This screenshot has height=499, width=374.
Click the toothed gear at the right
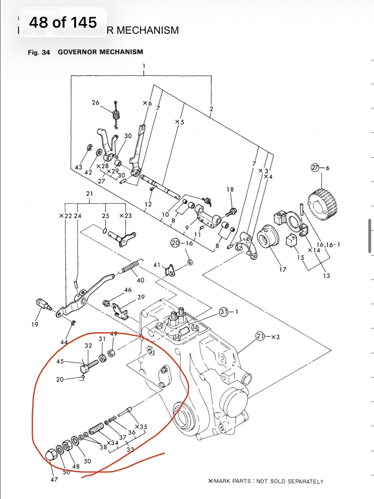click(x=323, y=204)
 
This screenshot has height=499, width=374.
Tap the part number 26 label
click(x=95, y=103)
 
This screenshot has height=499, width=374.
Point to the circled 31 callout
click(x=224, y=312)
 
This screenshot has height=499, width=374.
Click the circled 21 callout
click(x=260, y=336)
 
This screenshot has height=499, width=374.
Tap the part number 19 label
click(x=35, y=324)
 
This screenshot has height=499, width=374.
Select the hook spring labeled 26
click(x=117, y=114)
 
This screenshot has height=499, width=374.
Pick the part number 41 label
click(x=157, y=265)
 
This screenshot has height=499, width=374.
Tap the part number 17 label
click(x=282, y=269)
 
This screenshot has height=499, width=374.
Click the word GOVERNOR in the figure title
click(x=78, y=52)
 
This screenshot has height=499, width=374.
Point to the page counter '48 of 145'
click(x=63, y=22)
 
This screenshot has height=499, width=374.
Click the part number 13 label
click(x=326, y=276)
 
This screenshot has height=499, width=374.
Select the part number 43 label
click(x=78, y=167)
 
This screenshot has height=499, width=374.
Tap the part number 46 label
click(x=128, y=290)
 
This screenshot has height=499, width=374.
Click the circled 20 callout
click(x=175, y=243)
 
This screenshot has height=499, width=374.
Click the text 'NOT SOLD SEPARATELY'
click(x=290, y=481)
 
